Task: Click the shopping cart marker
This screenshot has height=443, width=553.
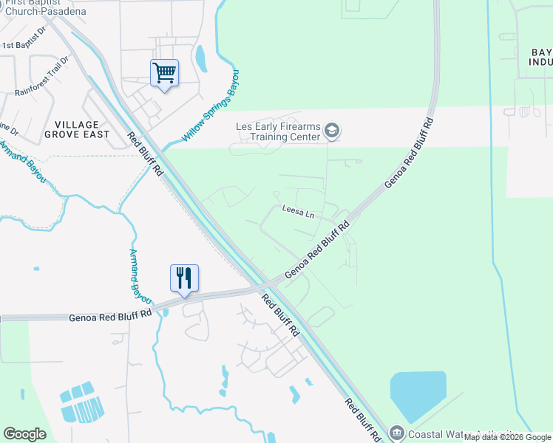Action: click(x=164, y=73)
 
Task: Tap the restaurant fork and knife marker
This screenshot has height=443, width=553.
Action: click(x=184, y=278)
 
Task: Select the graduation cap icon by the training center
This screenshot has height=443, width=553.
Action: click(x=332, y=131)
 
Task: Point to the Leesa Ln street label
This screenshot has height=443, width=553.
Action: click(x=299, y=210)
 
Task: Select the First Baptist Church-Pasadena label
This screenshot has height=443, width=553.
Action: click(x=44, y=7)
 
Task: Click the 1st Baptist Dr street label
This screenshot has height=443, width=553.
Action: click(x=24, y=45)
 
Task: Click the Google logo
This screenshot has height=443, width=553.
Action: click(x=24, y=434)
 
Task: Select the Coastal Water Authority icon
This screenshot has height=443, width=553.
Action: click(x=397, y=433)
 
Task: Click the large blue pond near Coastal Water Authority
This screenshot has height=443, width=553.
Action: click(x=418, y=396)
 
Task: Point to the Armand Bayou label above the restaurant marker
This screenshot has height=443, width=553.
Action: click(x=140, y=277)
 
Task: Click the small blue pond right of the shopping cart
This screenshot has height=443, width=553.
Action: click(x=201, y=55)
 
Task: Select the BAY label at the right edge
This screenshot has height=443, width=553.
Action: click(x=541, y=52)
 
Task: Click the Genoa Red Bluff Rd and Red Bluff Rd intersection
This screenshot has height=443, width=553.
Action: click(x=263, y=286)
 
